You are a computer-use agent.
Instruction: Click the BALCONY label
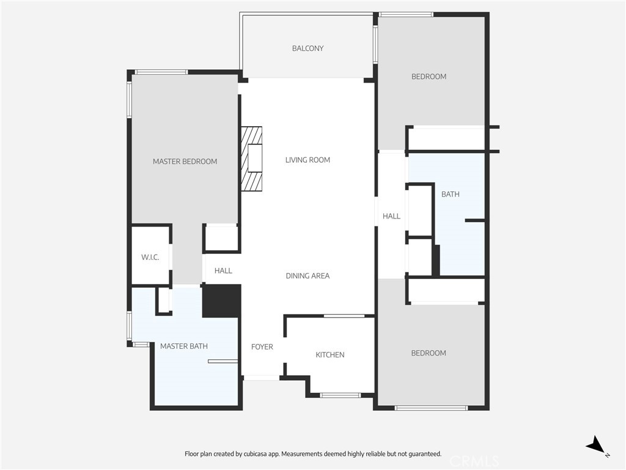pyautogui.click(x=307, y=48)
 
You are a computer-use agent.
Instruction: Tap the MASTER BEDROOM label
pyautogui.click(x=185, y=162)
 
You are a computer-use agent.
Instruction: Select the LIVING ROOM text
pyautogui.click(x=307, y=160)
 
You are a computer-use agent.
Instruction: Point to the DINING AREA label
pyautogui.click(x=307, y=276)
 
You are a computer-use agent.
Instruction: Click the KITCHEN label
pyautogui.click(x=330, y=355)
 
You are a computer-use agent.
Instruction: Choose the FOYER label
pyautogui.click(x=262, y=347)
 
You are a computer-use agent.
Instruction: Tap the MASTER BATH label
pyautogui.click(x=183, y=346)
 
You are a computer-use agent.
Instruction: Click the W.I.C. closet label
pyautogui.click(x=150, y=258)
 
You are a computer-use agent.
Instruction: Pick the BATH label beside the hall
pyautogui.click(x=451, y=194)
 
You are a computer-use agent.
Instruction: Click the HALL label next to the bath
pyautogui.click(x=391, y=216)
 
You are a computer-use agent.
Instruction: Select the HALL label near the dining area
pyautogui.click(x=223, y=271)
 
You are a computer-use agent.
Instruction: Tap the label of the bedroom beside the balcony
pyautogui.click(x=429, y=76)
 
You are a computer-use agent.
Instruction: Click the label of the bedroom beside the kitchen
pyautogui.click(x=429, y=353)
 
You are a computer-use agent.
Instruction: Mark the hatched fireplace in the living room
pyautogui.click(x=251, y=159)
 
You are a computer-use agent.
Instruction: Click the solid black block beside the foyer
pyautogui.click(x=221, y=301)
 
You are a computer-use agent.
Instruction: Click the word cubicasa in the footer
pyautogui.click(x=256, y=454)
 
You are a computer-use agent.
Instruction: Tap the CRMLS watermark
pyautogui.click(x=474, y=461)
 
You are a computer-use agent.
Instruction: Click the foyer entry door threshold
pyautogui.click(x=262, y=377)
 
